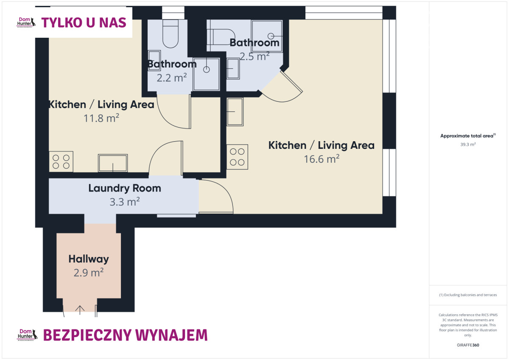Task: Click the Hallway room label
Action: pos(89,259)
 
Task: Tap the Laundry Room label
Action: pos(125,188)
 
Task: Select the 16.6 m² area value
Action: pos(322,159)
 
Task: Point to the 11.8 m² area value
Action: pos(101,118)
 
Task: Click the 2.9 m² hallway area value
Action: pos(89,272)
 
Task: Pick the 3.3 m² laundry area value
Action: pos(125,201)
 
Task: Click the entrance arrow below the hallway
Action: pos(80,310)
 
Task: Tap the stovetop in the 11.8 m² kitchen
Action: pos(61,162)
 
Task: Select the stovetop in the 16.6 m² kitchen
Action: pos(237,157)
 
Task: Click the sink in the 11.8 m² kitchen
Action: pos(113,163)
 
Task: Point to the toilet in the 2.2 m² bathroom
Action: pos(171,33)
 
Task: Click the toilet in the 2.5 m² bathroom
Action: pos(221,36)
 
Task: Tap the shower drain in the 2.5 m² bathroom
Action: pos(271,36)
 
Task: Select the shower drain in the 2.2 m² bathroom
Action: pos(206,70)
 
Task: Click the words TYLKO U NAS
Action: pos(84,23)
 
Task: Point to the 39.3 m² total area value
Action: pos(468,145)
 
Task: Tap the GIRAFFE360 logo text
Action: pos(468,345)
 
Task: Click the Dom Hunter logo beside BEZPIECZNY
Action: pos(27,335)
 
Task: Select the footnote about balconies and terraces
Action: pos(468,295)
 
